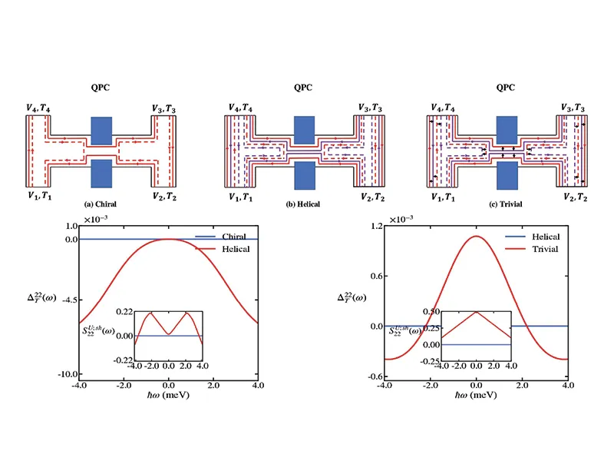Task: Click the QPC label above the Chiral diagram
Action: [101, 88]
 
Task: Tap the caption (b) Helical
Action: [302, 204]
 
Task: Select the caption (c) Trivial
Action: [506, 204]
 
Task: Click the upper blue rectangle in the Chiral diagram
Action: [101, 131]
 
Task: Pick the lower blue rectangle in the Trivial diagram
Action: [507, 176]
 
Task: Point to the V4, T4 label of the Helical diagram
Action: [240, 108]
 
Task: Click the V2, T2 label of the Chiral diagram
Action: [164, 196]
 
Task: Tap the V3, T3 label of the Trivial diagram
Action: [573, 108]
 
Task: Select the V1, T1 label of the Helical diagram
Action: [240, 197]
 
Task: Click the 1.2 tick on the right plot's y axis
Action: [376, 226]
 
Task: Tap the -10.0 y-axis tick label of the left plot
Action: [68, 374]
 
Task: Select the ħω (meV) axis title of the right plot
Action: [476, 395]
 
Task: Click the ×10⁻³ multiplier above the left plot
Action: [95, 219]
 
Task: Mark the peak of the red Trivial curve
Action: [476, 236]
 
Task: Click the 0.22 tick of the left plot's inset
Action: [124, 312]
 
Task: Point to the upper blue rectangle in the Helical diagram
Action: [304, 130]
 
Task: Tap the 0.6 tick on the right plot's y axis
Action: [376, 276]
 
